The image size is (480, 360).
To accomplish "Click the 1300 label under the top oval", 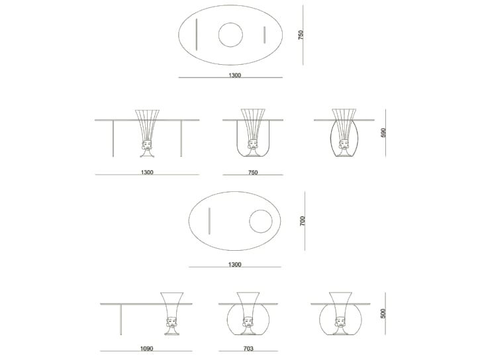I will (x=234, y=75).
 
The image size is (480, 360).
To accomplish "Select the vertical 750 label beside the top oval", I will (x=301, y=35).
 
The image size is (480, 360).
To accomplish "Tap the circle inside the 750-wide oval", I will (x=230, y=35).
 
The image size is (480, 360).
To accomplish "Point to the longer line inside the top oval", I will (x=196, y=34).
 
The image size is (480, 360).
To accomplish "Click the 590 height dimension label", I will (x=383, y=133).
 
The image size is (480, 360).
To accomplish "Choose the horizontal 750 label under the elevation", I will (x=252, y=173).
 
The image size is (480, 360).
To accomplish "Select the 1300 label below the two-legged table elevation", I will (x=147, y=173).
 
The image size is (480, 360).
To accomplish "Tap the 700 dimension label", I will (x=303, y=221).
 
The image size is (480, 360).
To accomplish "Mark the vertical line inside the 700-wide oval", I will (x=209, y=221).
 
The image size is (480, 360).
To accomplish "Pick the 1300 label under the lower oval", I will (x=234, y=265).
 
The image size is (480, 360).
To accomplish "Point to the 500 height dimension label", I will (x=383, y=313).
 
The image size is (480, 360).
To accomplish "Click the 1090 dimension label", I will (x=146, y=348).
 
